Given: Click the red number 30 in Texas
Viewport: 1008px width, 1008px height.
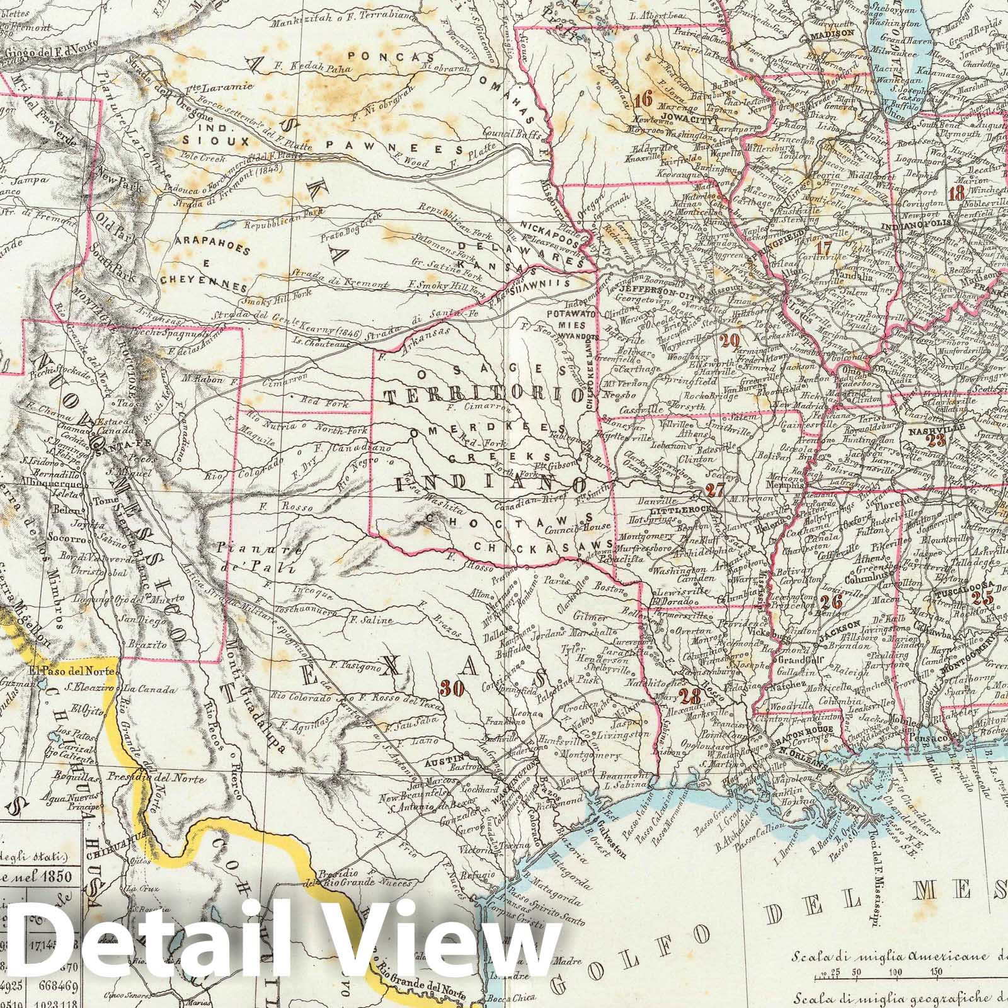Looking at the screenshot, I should pos(453,689).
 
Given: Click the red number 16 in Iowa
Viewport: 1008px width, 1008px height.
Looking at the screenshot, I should pos(643,99).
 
